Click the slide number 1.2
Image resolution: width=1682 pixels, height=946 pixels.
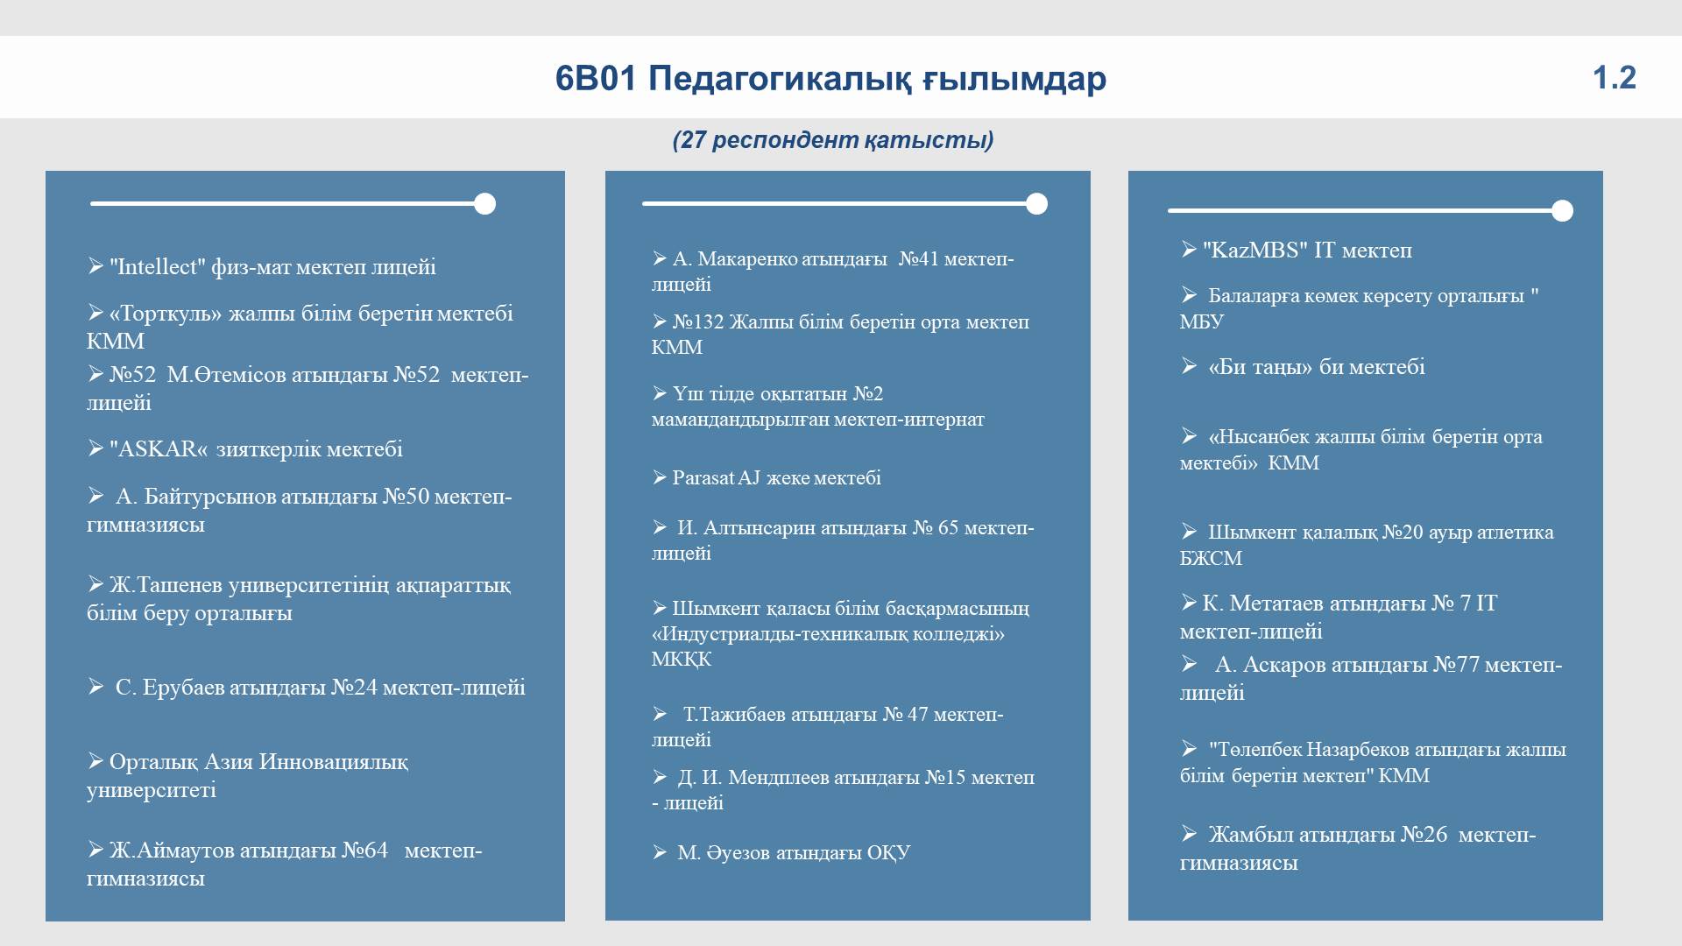pyautogui.click(x=1614, y=78)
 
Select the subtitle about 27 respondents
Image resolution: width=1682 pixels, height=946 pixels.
pyautogui.click(x=833, y=140)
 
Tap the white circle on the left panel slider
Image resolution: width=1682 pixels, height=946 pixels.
pyautogui.click(x=484, y=204)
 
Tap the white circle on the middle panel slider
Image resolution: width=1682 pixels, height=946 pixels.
pyautogui.click(x=1036, y=204)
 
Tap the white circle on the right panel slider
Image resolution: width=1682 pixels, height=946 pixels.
pyautogui.click(x=1562, y=211)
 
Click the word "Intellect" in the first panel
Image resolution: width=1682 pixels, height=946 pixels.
pyautogui.click(x=158, y=266)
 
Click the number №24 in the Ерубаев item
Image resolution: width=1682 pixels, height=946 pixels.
pyautogui.click(x=354, y=688)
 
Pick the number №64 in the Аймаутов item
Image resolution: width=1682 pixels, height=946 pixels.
pyautogui.click(x=364, y=851)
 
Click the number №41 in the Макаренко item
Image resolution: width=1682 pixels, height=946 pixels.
pyautogui.click(x=919, y=259)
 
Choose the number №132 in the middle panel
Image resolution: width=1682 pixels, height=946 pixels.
pyautogui.click(x=698, y=322)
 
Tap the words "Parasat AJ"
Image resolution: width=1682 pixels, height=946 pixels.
pyautogui.click(x=716, y=478)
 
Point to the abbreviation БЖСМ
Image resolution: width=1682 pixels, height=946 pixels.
pyautogui.click(x=1211, y=559)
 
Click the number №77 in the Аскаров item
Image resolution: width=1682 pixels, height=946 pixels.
pyautogui.click(x=1456, y=665)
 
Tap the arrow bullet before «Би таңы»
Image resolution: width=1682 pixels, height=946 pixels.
pyautogui.click(x=1189, y=366)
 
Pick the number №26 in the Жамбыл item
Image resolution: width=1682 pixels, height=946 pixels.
pyautogui.click(x=1424, y=835)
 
